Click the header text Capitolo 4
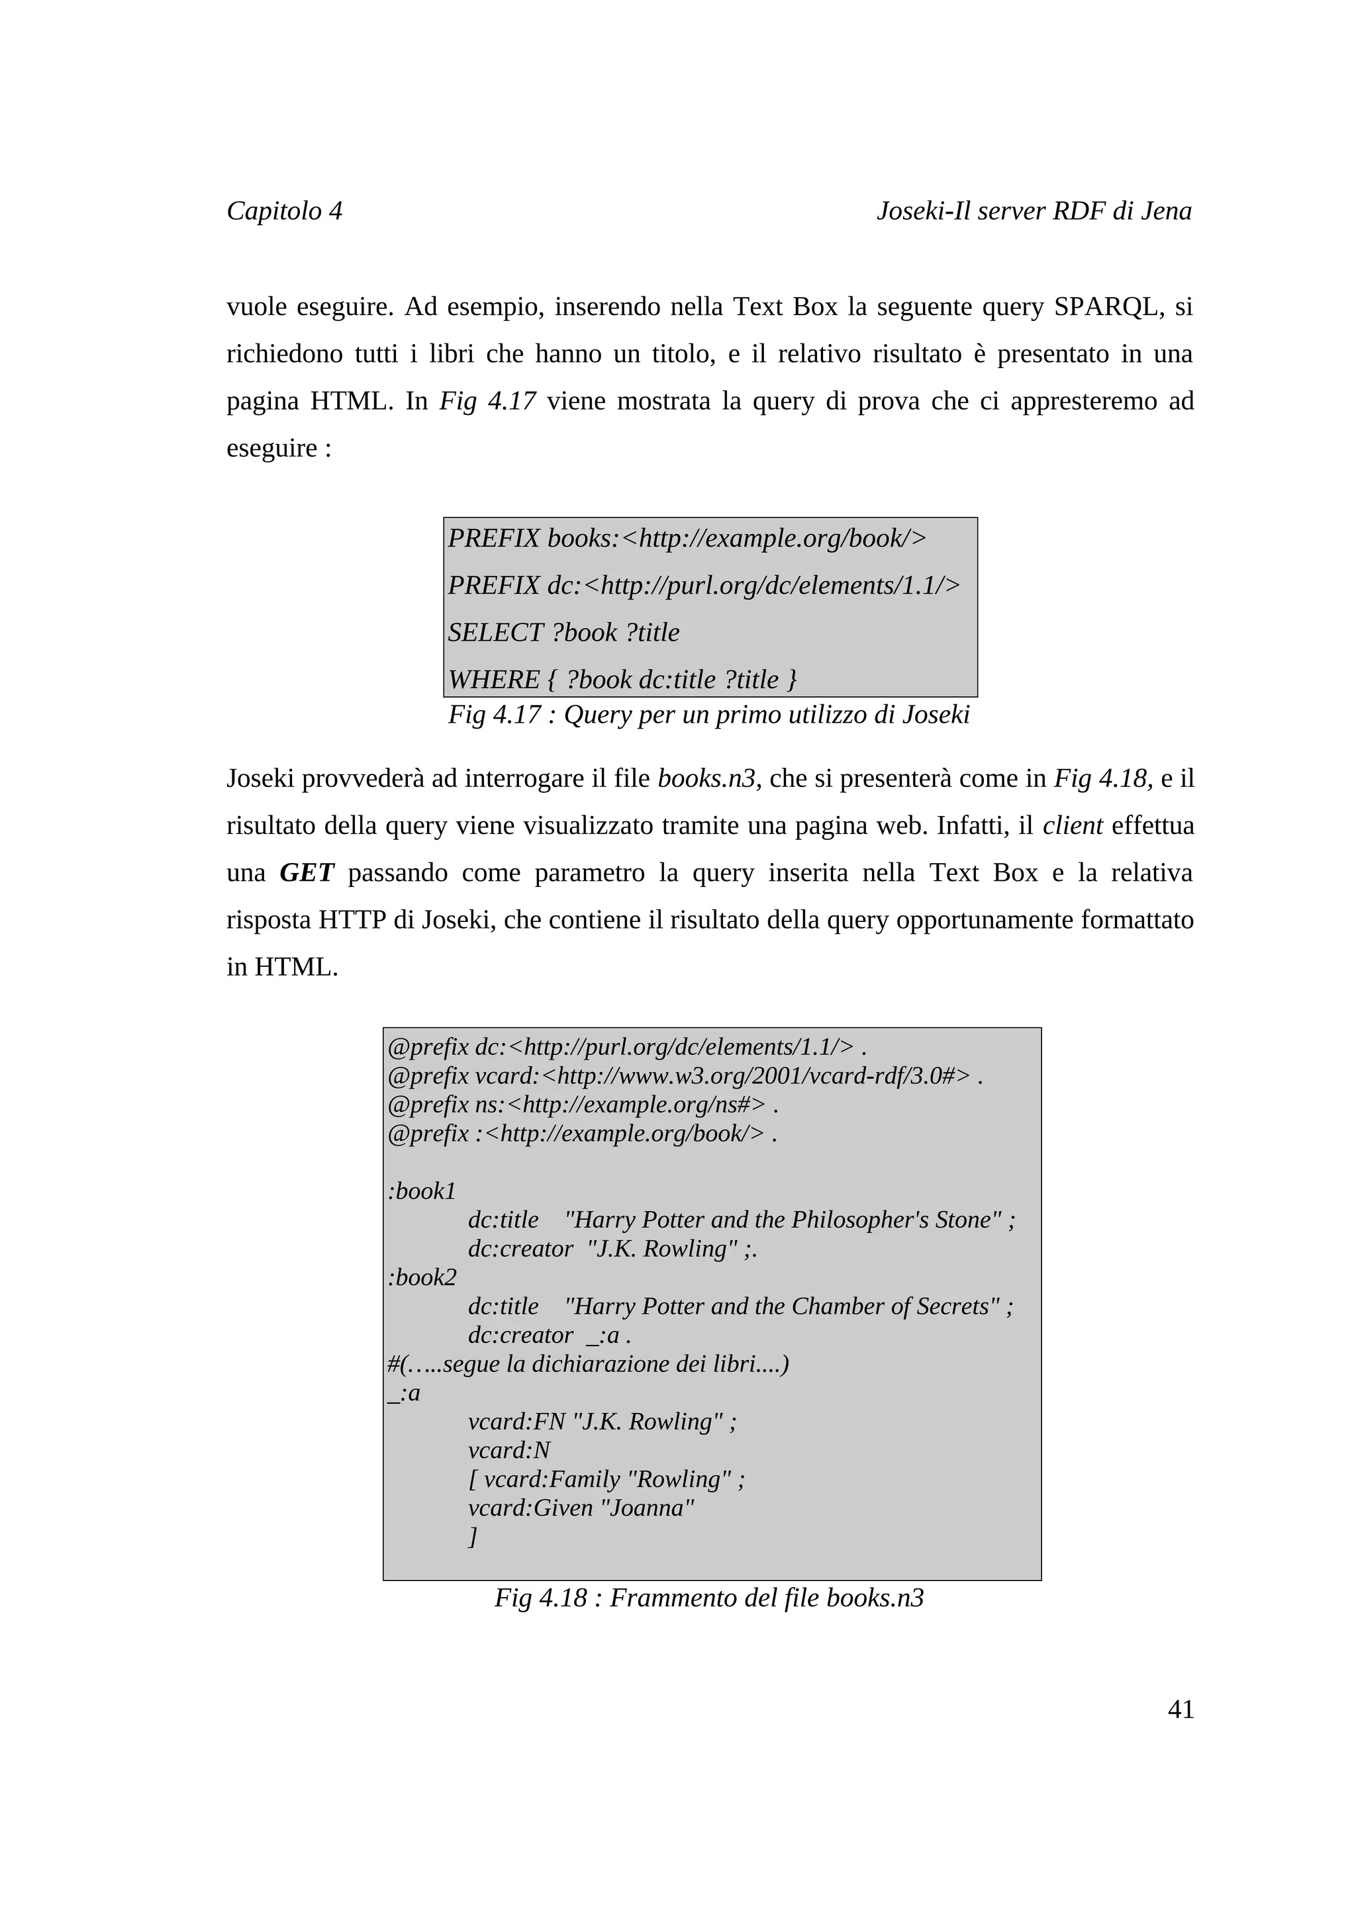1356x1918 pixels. pyautogui.click(x=284, y=210)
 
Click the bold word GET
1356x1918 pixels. pyautogui.click(x=307, y=873)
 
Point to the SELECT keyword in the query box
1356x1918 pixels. pyautogui.click(x=497, y=632)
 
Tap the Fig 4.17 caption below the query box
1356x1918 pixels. pyautogui.click(x=708, y=715)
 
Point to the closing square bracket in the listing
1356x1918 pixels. pyautogui.click(x=473, y=1536)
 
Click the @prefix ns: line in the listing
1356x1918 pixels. pyautogui.click(x=583, y=1105)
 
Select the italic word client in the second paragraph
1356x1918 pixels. pyautogui.click(x=1073, y=826)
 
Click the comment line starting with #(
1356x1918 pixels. pyautogui.click(x=588, y=1363)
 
